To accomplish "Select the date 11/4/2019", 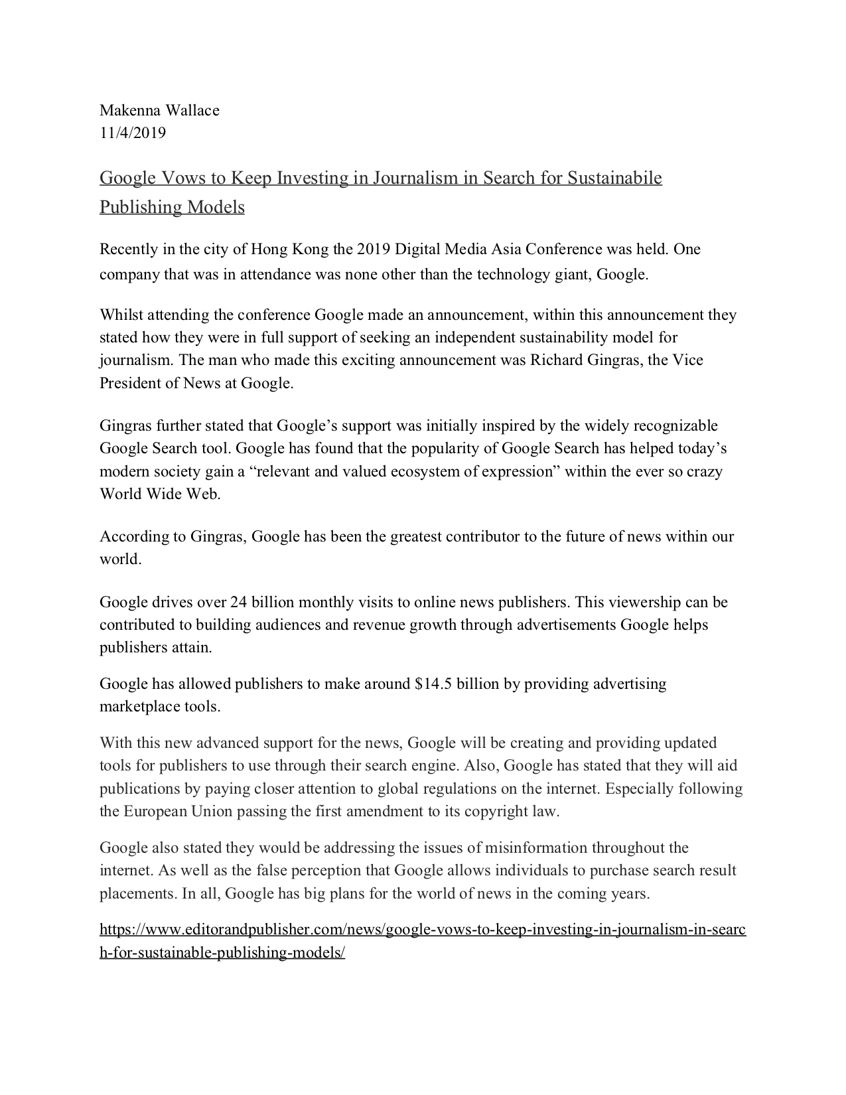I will (133, 133).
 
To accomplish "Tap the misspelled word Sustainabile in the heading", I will (614, 178).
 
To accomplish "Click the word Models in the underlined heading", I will (216, 207).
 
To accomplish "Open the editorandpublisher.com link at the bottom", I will (422, 930).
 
